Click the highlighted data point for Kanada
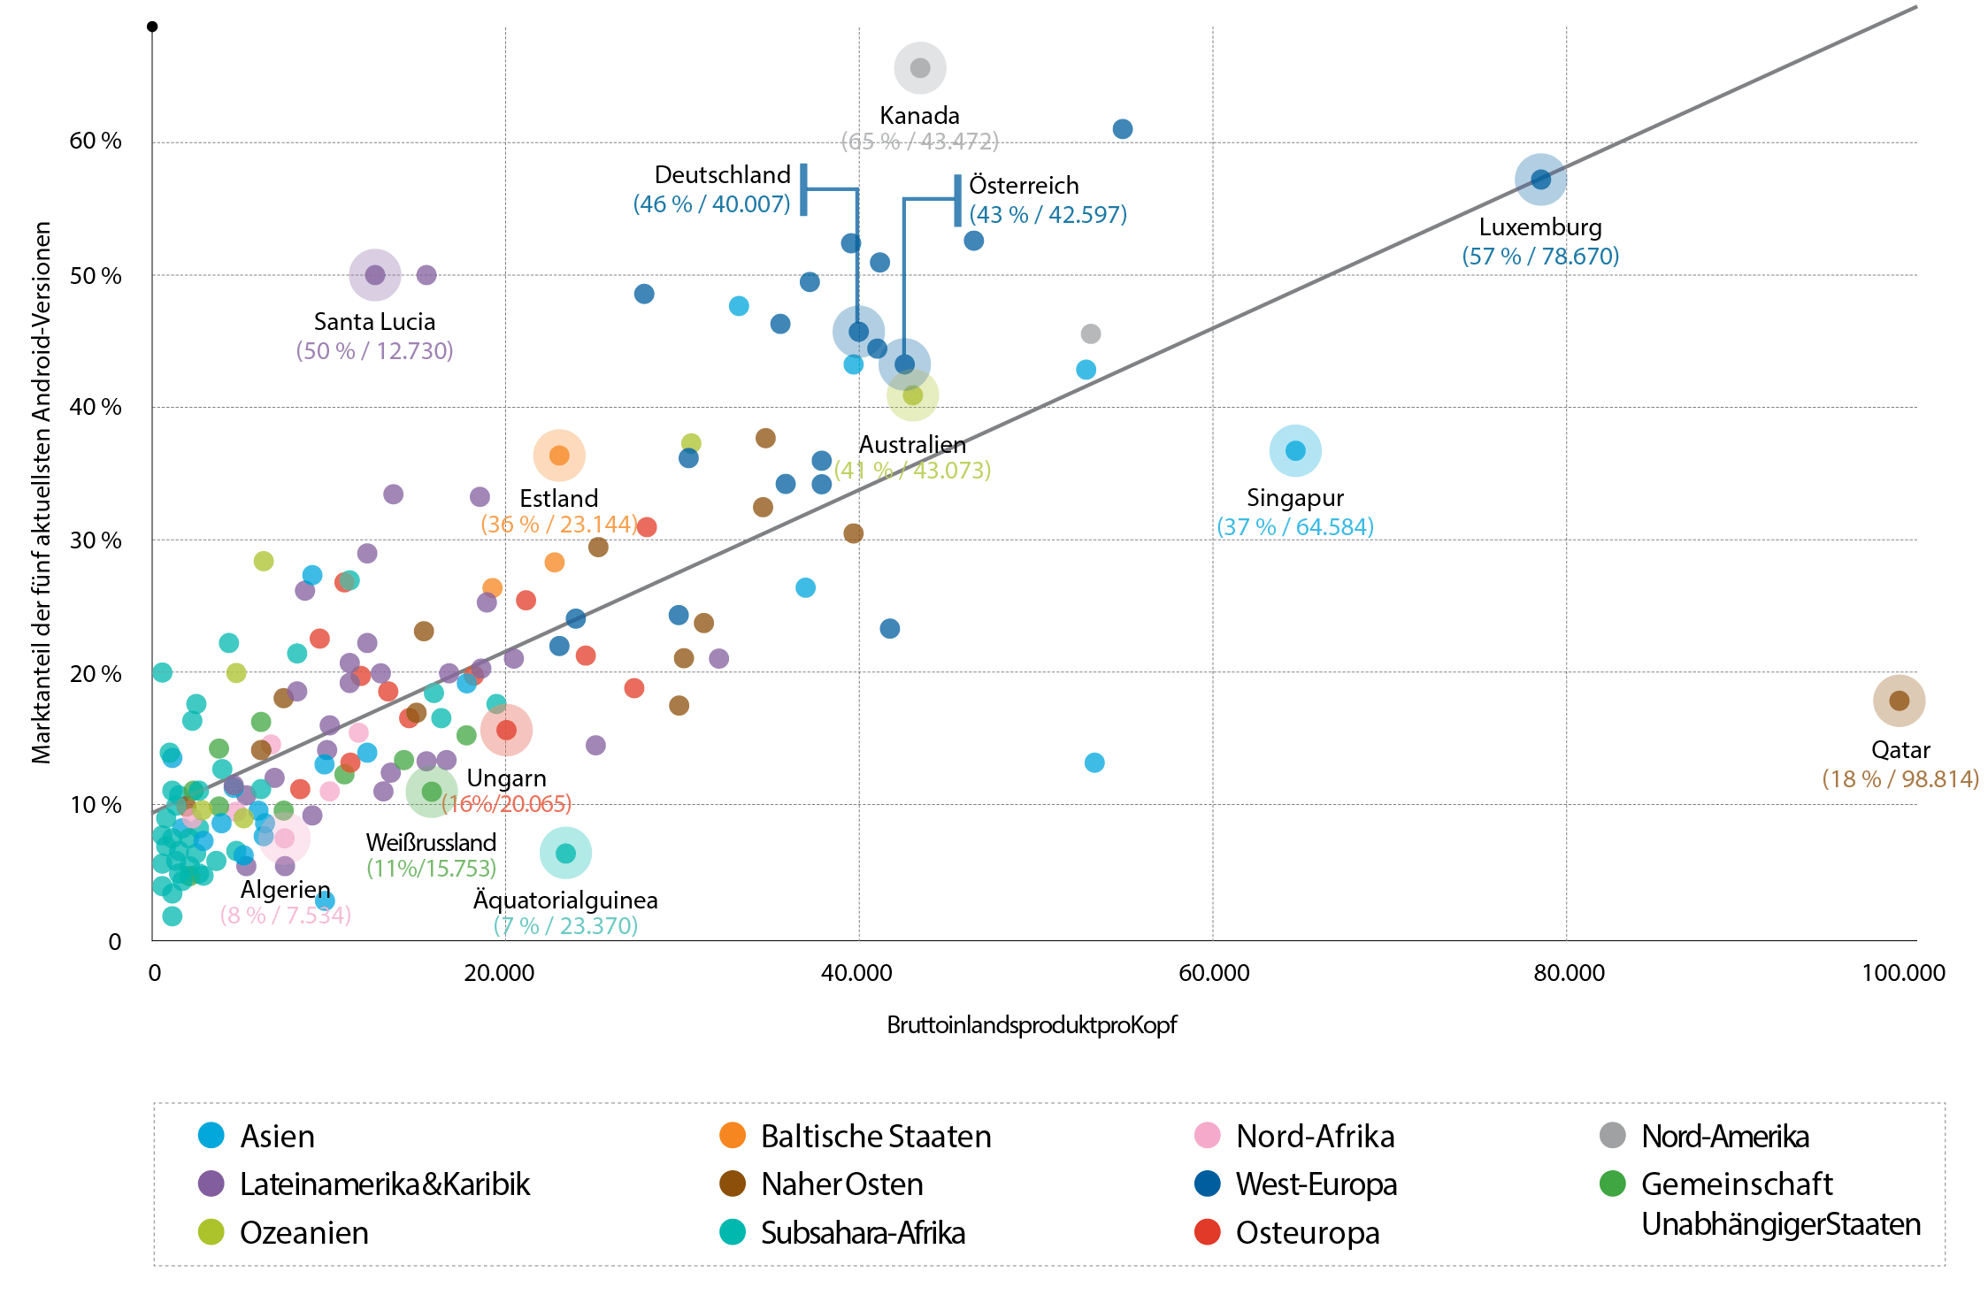[x=920, y=68]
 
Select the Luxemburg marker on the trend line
[x=1540, y=180]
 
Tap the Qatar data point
[x=1899, y=701]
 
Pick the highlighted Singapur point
[x=1295, y=451]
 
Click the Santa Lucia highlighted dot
[x=375, y=275]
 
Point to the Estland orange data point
[x=559, y=456]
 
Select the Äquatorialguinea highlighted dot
[x=565, y=853]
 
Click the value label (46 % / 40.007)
[x=711, y=204]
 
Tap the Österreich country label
[x=1024, y=186]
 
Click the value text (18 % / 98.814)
[x=1900, y=779]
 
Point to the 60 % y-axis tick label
[x=96, y=141]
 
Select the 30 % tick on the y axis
[x=96, y=540]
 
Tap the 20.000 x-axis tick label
[x=500, y=973]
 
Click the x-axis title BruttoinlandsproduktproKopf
[x=1032, y=1025]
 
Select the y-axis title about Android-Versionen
[x=42, y=492]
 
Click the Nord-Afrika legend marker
[x=1208, y=1136]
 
